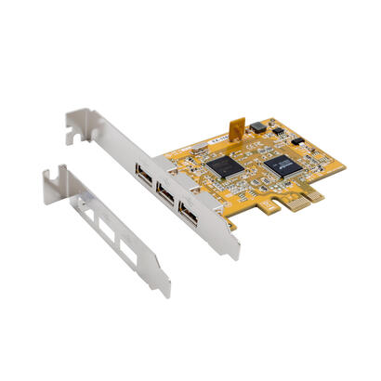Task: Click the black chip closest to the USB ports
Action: coord(224,164)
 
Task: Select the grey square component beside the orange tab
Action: coord(257,127)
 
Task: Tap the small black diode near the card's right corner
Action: coord(298,140)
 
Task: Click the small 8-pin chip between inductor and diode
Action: coord(279,134)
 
